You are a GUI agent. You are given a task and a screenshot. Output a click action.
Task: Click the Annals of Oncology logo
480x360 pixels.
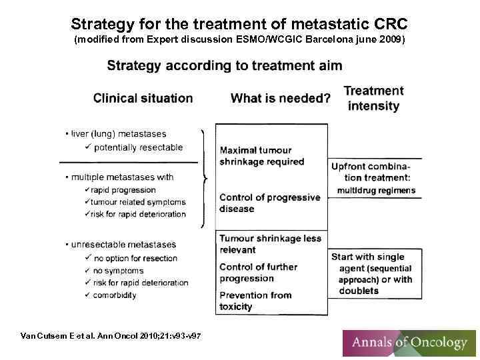[409, 343]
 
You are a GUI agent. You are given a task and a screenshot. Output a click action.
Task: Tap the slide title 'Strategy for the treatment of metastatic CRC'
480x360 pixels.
[239, 24]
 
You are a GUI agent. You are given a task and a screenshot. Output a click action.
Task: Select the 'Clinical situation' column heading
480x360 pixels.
[143, 98]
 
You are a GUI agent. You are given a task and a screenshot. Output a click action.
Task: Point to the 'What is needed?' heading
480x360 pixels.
[280, 99]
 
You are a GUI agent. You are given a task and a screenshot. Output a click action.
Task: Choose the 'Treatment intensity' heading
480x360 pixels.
[373, 98]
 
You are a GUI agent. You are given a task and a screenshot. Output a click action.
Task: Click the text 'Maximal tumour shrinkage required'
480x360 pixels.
[261, 155]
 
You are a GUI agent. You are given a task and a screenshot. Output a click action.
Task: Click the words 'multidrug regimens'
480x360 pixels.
[376, 190]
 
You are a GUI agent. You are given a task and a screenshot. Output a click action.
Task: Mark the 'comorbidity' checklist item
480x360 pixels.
[115, 295]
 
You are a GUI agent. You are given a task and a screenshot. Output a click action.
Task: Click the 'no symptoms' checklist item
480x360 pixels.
[118, 271]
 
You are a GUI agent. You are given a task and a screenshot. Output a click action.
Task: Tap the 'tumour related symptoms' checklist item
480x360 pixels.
[138, 202]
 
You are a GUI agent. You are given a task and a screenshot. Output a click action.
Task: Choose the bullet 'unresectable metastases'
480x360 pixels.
[123, 245]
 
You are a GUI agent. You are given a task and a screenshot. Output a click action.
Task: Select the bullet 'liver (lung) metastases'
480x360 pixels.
[119, 134]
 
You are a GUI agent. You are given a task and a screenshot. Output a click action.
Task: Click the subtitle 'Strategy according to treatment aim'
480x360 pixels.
[225, 65]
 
